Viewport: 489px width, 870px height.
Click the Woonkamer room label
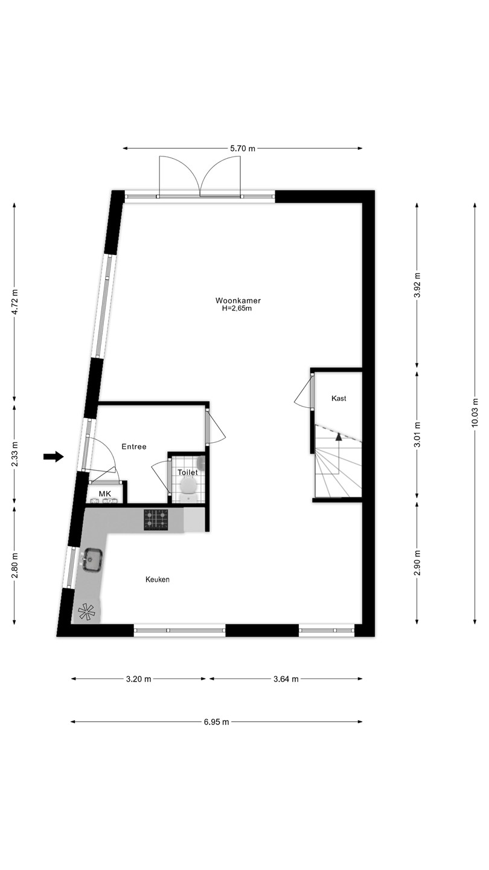238,301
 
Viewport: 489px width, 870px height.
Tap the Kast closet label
339,398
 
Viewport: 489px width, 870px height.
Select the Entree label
134,446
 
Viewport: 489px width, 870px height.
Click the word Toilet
188,472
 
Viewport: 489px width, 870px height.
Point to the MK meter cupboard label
105,494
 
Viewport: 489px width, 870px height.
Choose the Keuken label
158,579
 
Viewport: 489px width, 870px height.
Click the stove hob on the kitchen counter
156,520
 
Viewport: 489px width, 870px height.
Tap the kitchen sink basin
92,559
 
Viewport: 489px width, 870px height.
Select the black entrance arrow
53,457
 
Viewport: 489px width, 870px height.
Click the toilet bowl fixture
189,486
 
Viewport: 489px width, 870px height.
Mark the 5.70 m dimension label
243,149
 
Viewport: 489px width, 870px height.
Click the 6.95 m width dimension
217,722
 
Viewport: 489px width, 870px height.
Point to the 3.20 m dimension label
139,679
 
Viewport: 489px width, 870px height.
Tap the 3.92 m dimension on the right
417,285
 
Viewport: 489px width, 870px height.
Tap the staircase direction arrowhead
339,437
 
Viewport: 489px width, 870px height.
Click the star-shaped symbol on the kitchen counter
86,611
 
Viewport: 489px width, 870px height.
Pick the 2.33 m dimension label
14,454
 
